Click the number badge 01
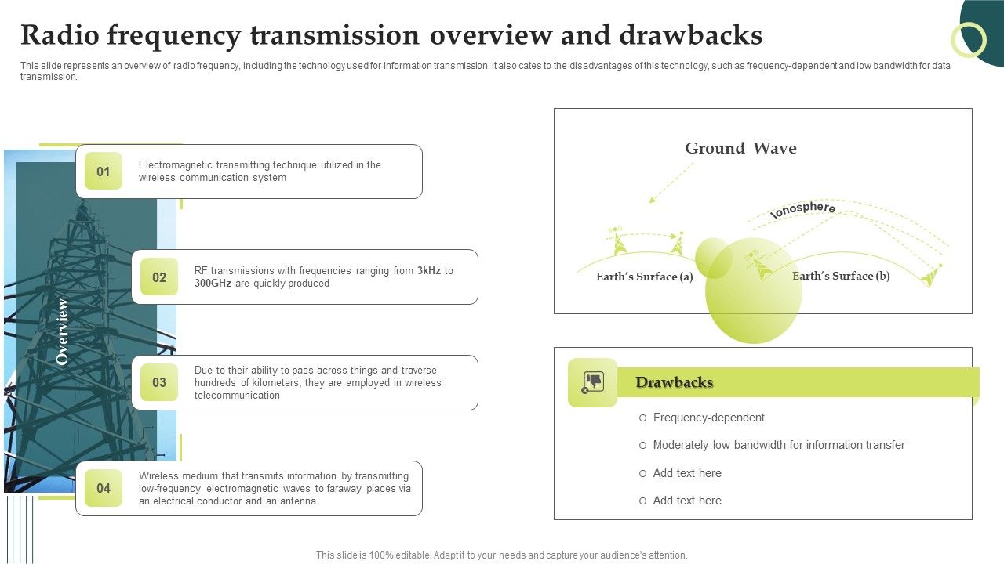pyautogui.click(x=104, y=172)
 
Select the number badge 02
pyautogui.click(x=159, y=277)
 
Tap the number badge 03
pyautogui.click(x=159, y=382)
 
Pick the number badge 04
pyautogui.click(x=104, y=488)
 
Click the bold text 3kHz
pyautogui.click(x=429, y=271)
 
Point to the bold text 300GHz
pyautogui.click(x=213, y=284)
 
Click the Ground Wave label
pyautogui.click(x=740, y=149)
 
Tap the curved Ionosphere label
pyautogui.click(x=802, y=209)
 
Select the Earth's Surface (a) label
pyautogui.click(x=644, y=277)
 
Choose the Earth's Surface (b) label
pyautogui.click(x=841, y=276)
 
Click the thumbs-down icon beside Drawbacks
pyautogui.click(x=592, y=382)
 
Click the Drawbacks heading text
pyautogui.click(x=674, y=382)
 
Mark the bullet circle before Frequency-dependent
pyautogui.click(x=643, y=418)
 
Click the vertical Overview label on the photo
pyautogui.click(x=63, y=331)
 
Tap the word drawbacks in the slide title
pyautogui.click(x=690, y=36)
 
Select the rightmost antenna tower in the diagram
pyautogui.click(x=931, y=275)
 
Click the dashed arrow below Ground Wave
pyautogui.click(x=671, y=183)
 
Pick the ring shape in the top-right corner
pyautogui.click(x=968, y=39)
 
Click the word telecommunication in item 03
pyautogui.click(x=237, y=396)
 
